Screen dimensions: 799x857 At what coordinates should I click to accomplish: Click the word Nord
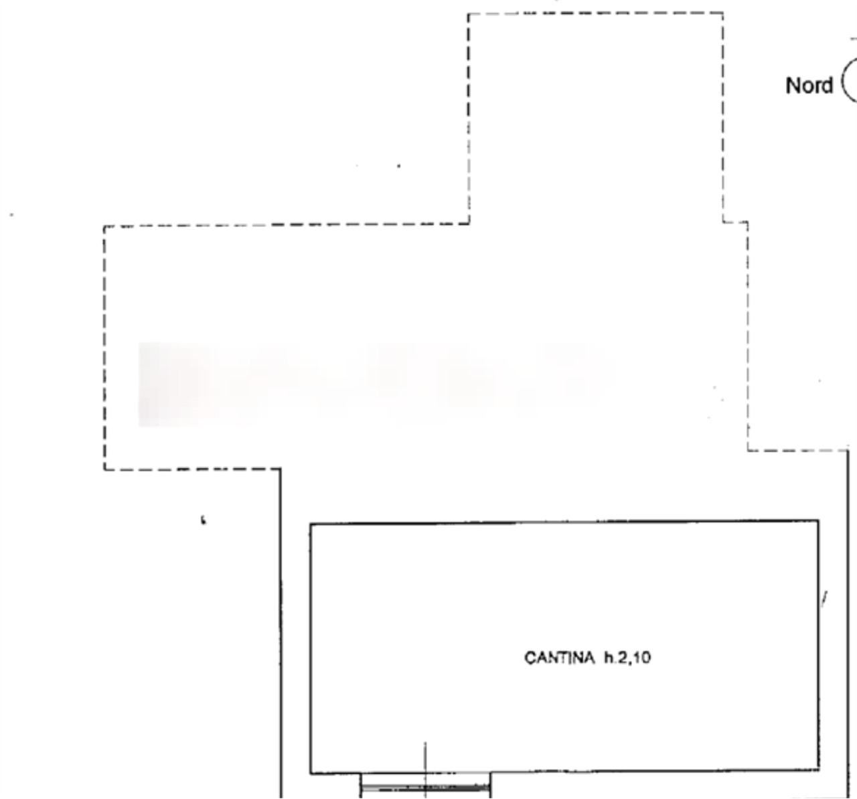click(x=809, y=85)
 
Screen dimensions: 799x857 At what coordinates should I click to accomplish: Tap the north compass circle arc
click(x=847, y=81)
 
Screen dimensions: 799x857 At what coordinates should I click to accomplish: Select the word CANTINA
click(x=559, y=658)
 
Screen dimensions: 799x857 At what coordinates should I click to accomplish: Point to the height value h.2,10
click(x=627, y=658)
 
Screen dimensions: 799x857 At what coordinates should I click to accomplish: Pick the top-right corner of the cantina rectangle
click(x=820, y=519)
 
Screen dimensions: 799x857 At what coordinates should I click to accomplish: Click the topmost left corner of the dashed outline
click(x=468, y=15)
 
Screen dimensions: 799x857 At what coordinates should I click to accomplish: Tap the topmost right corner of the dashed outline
click(x=723, y=12)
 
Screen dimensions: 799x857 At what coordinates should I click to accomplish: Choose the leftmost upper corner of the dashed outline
click(x=104, y=227)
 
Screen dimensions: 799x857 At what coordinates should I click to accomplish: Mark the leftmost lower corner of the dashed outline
click(x=104, y=468)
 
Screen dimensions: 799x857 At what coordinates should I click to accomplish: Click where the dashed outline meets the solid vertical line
click(x=280, y=468)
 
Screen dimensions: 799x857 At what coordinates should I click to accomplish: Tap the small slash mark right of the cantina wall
click(x=825, y=598)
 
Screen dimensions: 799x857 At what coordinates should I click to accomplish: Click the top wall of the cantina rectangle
click(x=562, y=521)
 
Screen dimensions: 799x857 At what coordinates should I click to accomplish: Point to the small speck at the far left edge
click(x=11, y=215)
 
